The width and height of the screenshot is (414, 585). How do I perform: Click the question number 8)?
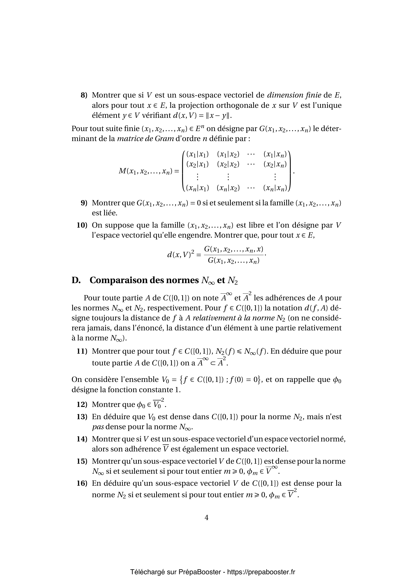pos(84,95)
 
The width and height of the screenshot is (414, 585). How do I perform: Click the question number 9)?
pos(84,203)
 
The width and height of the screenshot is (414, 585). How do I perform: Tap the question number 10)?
pos(82,225)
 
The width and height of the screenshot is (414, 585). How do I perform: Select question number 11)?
pos(82,351)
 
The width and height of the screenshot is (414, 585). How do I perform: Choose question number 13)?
pos(82,417)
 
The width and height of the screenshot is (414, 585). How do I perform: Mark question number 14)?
pos(82,439)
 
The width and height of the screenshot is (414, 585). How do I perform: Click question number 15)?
pos(82,461)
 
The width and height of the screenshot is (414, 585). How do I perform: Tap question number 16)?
pos(82,483)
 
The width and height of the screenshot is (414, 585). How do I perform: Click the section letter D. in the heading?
pos(76,280)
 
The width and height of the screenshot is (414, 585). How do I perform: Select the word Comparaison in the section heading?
pos(114,280)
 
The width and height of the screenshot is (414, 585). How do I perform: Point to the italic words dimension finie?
pos(294,95)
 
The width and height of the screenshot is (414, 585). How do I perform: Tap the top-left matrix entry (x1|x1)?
pos(197,154)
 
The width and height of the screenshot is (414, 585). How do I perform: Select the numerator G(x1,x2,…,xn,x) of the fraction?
pos(234,249)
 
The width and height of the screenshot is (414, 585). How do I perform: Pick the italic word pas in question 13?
pos(98,427)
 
